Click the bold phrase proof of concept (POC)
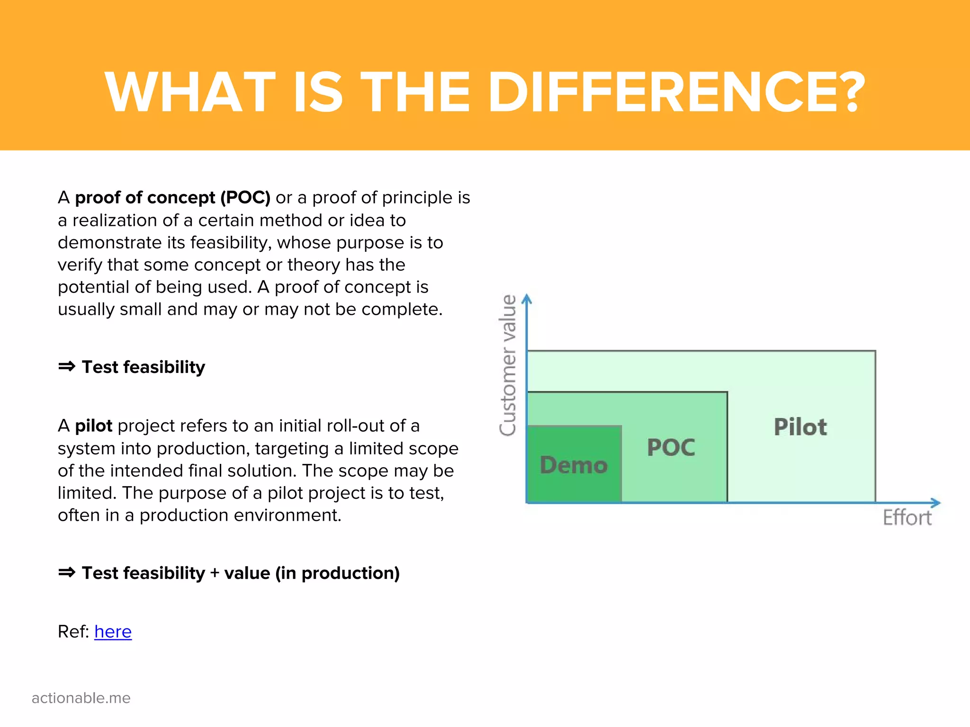[x=173, y=197]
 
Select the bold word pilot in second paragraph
[x=94, y=426]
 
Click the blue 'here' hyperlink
[x=113, y=631]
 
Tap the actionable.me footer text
[x=81, y=698]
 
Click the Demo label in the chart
[x=574, y=465]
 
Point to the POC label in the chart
[x=671, y=448]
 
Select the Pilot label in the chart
[x=800, y=427]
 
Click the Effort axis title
[x=907, y=518]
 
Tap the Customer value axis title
[x=508, y=365]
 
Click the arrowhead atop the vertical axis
[x=527, y=299]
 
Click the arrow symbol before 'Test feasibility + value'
[x=67, y=573]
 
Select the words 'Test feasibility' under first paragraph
[x=144, y=367]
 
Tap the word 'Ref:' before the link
[x=73, y=631]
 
